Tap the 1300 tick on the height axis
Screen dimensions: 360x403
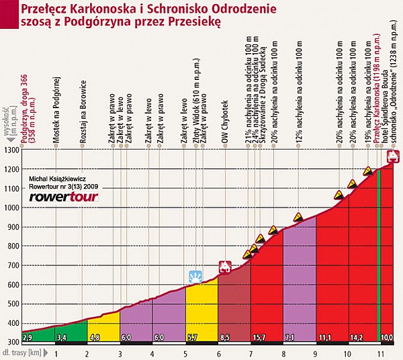tap(11, 150)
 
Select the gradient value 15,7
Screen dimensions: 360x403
tap(259, 336)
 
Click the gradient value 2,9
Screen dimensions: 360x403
tap(28, 336)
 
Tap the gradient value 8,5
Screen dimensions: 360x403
tap(225, 336)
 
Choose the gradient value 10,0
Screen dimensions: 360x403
tap(387, 336)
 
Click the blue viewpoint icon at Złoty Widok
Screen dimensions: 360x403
tap(195, 276)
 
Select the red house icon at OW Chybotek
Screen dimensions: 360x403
tap(225, 267)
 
